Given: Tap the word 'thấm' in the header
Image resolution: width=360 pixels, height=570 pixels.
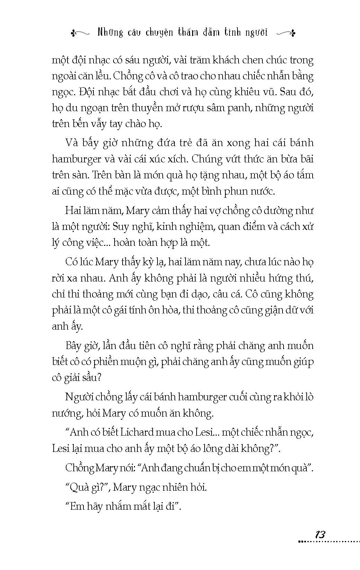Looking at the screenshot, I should click(188, 33).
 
